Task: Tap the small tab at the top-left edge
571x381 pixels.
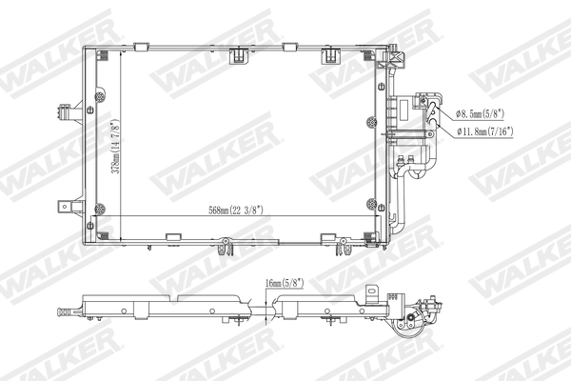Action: (x=141, y=45)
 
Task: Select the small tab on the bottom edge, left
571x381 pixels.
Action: (x=173, y=238)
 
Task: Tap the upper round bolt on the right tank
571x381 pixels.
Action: (x=371, y=120)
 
